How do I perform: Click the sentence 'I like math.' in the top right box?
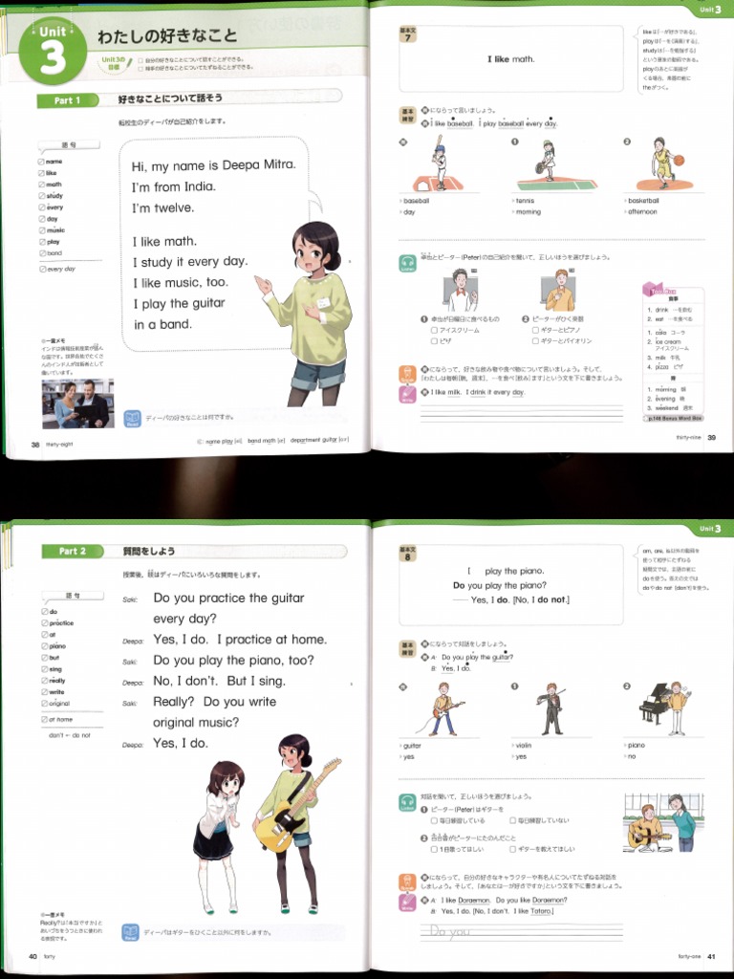[x=510, y=59]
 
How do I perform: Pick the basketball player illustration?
[x=661, y=162]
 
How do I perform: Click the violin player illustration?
[x=550, y=708]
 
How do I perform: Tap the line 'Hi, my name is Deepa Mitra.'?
[x=213, y=165]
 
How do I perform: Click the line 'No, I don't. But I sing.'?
[x=219, y=682]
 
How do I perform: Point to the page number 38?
[x=35, y=445]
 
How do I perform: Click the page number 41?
[x=712, y=956]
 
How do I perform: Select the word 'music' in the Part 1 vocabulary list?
[x=55, y=230]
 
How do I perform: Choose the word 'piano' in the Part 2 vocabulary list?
[x=59, y=646]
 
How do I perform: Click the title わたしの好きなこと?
[x=167, y=37]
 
